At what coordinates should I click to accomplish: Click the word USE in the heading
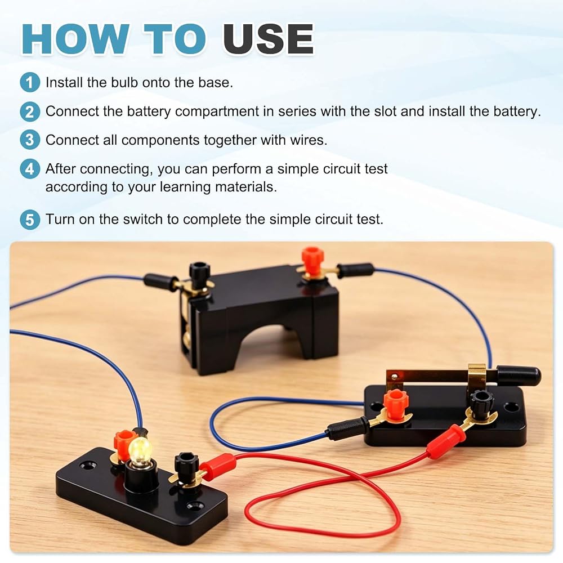[x=269, y=39]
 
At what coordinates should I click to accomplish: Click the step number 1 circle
[x=30, y=83]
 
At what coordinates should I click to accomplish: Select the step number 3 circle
[x=30, y=140]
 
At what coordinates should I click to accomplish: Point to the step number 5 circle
[x=30, y=220]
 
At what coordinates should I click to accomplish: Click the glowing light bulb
[x=140, y=449]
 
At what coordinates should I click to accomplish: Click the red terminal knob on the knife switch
[x=395, y=403]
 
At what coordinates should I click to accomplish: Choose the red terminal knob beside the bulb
[x=122, y=443]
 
